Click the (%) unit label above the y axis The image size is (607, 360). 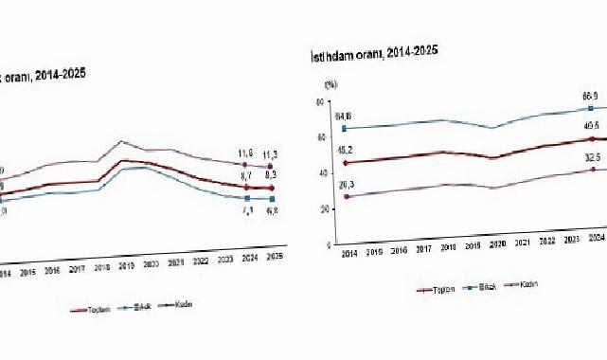click(x=330, y=84)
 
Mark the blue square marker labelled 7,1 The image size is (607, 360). click(x=247, y=199)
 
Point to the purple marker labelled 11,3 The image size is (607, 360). click(x=271, y=167)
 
